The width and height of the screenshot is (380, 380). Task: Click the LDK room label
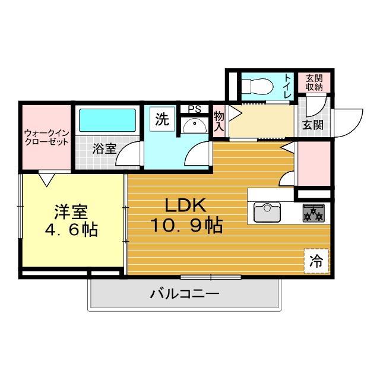tap(185, 205)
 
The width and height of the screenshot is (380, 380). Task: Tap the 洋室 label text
tap(72, 211)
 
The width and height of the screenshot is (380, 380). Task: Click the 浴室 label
tap(104, 149)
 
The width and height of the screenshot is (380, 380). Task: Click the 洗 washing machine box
tap(162, 119)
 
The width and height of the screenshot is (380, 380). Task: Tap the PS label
tap(194, 109)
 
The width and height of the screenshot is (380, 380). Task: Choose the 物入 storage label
tap(218, 121)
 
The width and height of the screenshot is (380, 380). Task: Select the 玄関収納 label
tap(315, 83)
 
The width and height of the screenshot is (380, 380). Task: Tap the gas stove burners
tap(313, 212)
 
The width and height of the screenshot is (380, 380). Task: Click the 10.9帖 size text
tap(185, 226)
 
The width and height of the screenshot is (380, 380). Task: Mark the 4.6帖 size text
tap(72, 230)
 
